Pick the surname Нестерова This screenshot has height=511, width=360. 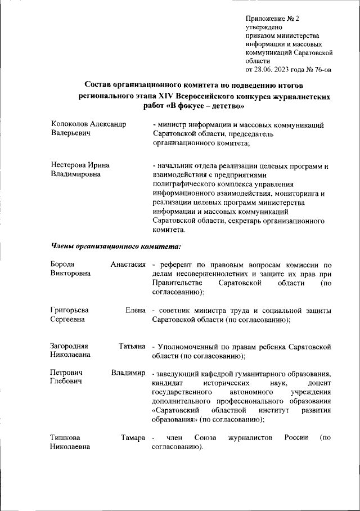68,165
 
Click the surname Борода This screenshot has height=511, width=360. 62,265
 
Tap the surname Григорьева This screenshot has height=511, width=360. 70,311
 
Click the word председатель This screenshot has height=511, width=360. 235,134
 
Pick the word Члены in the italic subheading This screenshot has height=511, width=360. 62,245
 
